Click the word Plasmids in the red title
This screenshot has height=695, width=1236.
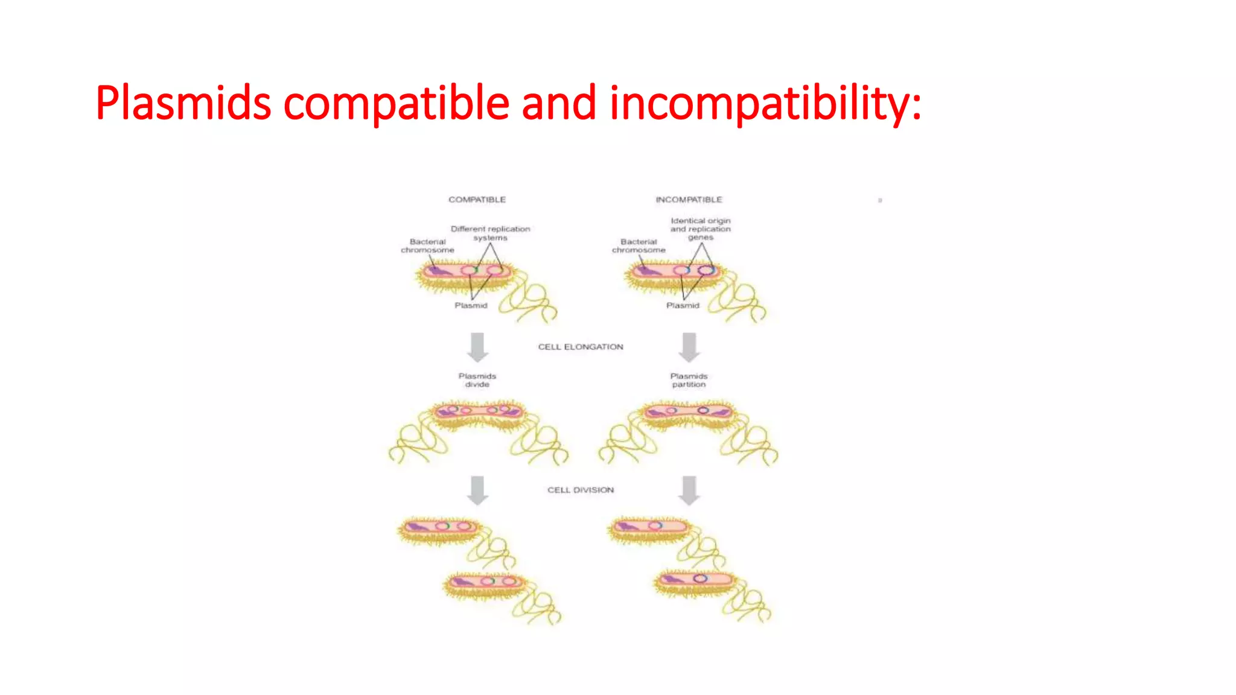click(x=183, y=103)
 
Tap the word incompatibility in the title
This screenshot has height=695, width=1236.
click(x=765, y=103)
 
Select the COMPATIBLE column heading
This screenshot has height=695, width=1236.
click(x=477, y=200)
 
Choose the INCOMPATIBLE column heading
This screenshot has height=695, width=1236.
click(x=689, y=200)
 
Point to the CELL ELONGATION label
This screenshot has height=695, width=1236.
click(x=581, y=347)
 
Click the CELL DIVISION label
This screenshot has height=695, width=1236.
click(x=581, y=490)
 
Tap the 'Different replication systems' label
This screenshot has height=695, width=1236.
click(x=490, y=233)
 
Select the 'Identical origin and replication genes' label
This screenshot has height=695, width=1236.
click(x=700, y=229)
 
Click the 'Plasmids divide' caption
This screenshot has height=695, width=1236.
click(x=477, y=380)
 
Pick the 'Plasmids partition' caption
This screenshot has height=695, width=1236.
click(x=689, y=380)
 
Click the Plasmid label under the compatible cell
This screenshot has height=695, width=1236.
click(x=471, y=306)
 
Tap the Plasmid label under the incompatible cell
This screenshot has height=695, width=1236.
click(x=683, y=306)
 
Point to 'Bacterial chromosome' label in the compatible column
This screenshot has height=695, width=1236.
click(x=427, y=246)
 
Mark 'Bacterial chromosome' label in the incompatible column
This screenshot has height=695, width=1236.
click(x=639, y=246)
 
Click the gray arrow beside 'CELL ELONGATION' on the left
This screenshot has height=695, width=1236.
click(x=477, y=347)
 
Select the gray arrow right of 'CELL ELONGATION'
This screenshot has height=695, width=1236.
click(x=689, y=347)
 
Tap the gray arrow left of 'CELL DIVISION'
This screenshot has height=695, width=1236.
click(x=477, y=490)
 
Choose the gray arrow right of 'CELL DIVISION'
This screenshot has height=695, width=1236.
click(x=689, y=490)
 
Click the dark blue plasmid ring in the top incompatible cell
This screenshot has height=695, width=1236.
click(x=706, y=270)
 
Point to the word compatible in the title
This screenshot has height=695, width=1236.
click(x=396, y=103)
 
